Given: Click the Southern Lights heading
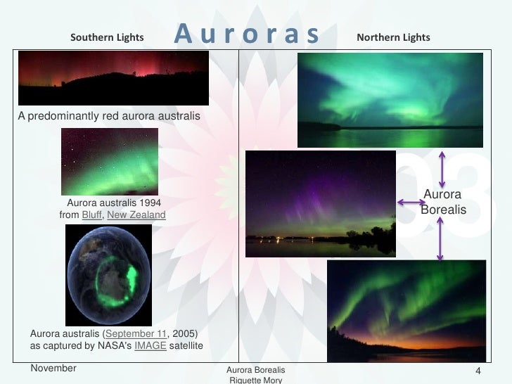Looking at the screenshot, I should pos(107,37).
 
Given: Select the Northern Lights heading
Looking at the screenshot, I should pos(393,37).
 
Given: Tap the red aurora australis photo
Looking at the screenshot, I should pos(113,77).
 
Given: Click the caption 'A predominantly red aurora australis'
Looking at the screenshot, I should pos(109,115).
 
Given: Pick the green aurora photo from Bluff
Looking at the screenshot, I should pos(110,161).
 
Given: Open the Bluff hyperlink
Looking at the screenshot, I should pos(92,215).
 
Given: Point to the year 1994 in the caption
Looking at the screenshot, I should pos(148,203).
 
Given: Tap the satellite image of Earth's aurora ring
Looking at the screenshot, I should pos(108,275).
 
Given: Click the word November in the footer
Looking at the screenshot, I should pos(53,368).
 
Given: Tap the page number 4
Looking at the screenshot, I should pos(478,371).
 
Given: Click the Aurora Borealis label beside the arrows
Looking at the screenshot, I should pos(442,202).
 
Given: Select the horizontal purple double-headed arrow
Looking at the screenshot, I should pos(411,203).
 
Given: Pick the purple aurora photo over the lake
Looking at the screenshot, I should pos(320,203).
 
